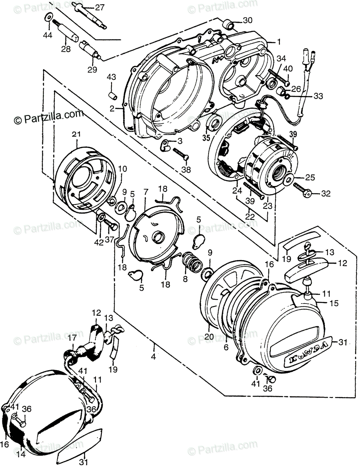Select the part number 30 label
[248, 20]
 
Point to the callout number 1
[279, 41]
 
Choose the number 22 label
[250, 216]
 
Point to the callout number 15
[334, 303]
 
